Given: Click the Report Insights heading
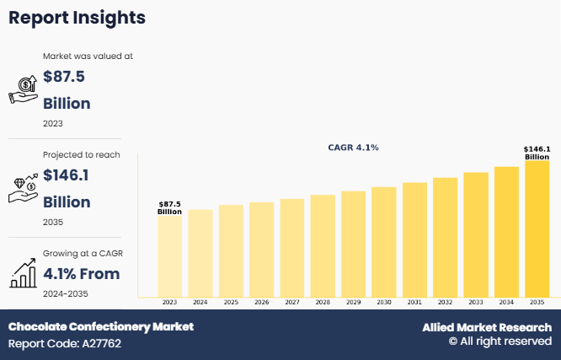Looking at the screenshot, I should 77,18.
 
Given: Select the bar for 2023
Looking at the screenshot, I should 169,256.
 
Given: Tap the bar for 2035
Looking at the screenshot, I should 537,229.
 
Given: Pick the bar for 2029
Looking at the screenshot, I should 353,244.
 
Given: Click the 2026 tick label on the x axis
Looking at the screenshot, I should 261,302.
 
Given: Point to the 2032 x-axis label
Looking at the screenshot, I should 445,302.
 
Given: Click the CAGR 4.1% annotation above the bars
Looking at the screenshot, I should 353,148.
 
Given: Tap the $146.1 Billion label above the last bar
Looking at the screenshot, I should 537,153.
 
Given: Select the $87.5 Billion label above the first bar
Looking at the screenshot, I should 169,207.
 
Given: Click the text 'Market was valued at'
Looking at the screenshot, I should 88,56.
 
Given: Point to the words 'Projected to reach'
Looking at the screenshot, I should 81,155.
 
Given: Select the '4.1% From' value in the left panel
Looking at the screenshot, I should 81,273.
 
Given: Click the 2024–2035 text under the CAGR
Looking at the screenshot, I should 66,293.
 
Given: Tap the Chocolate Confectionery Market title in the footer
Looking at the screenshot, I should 101,326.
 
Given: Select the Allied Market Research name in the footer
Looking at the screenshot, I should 487,327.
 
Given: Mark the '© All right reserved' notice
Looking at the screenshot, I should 500,341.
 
